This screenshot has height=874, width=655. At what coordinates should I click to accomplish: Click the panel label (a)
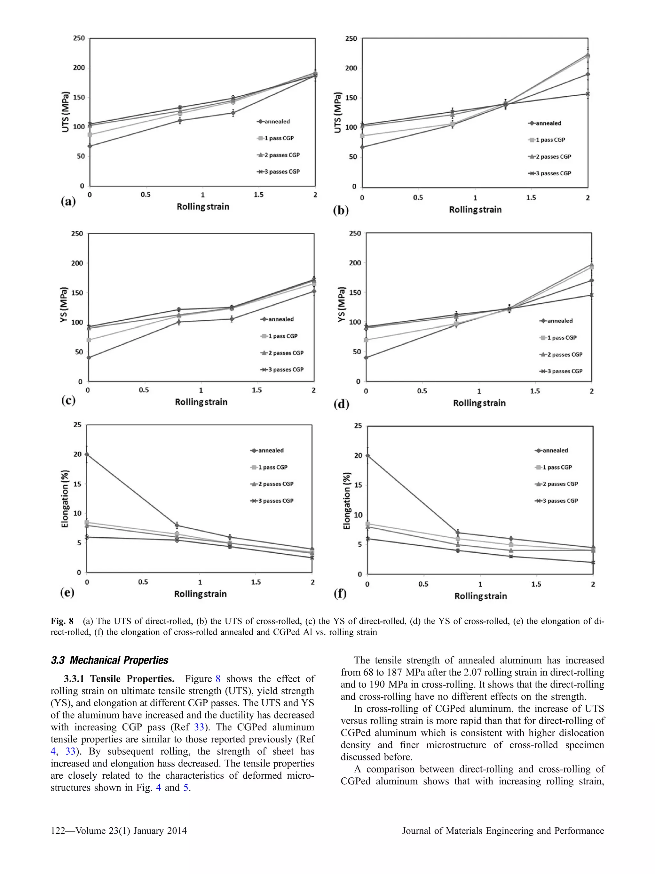click(x=68, y=202)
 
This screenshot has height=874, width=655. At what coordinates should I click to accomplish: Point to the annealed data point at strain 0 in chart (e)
click(x=87, y=454)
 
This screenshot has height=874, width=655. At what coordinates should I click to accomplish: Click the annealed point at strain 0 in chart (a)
click(x=90, y=146)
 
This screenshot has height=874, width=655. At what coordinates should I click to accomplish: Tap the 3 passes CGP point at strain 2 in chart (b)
click(x=588, y=94)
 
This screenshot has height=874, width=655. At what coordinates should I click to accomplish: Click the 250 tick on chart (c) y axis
click(x=77, y=234)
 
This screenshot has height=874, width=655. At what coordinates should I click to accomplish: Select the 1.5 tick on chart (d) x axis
click(x=535, y=391)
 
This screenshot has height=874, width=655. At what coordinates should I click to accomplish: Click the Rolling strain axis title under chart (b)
click(x=475, y=210)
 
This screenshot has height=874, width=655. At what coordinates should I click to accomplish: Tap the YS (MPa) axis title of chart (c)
click(x=64, y=304)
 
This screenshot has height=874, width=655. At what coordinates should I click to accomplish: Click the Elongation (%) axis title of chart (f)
click(x=347, y=501)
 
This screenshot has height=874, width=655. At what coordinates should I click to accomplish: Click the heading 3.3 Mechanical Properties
click(x=109, y=661)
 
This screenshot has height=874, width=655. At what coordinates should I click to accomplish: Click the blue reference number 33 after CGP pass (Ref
click(x=199, y=727)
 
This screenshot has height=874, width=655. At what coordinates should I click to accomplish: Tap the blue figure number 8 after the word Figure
click(x=217, y=679)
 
